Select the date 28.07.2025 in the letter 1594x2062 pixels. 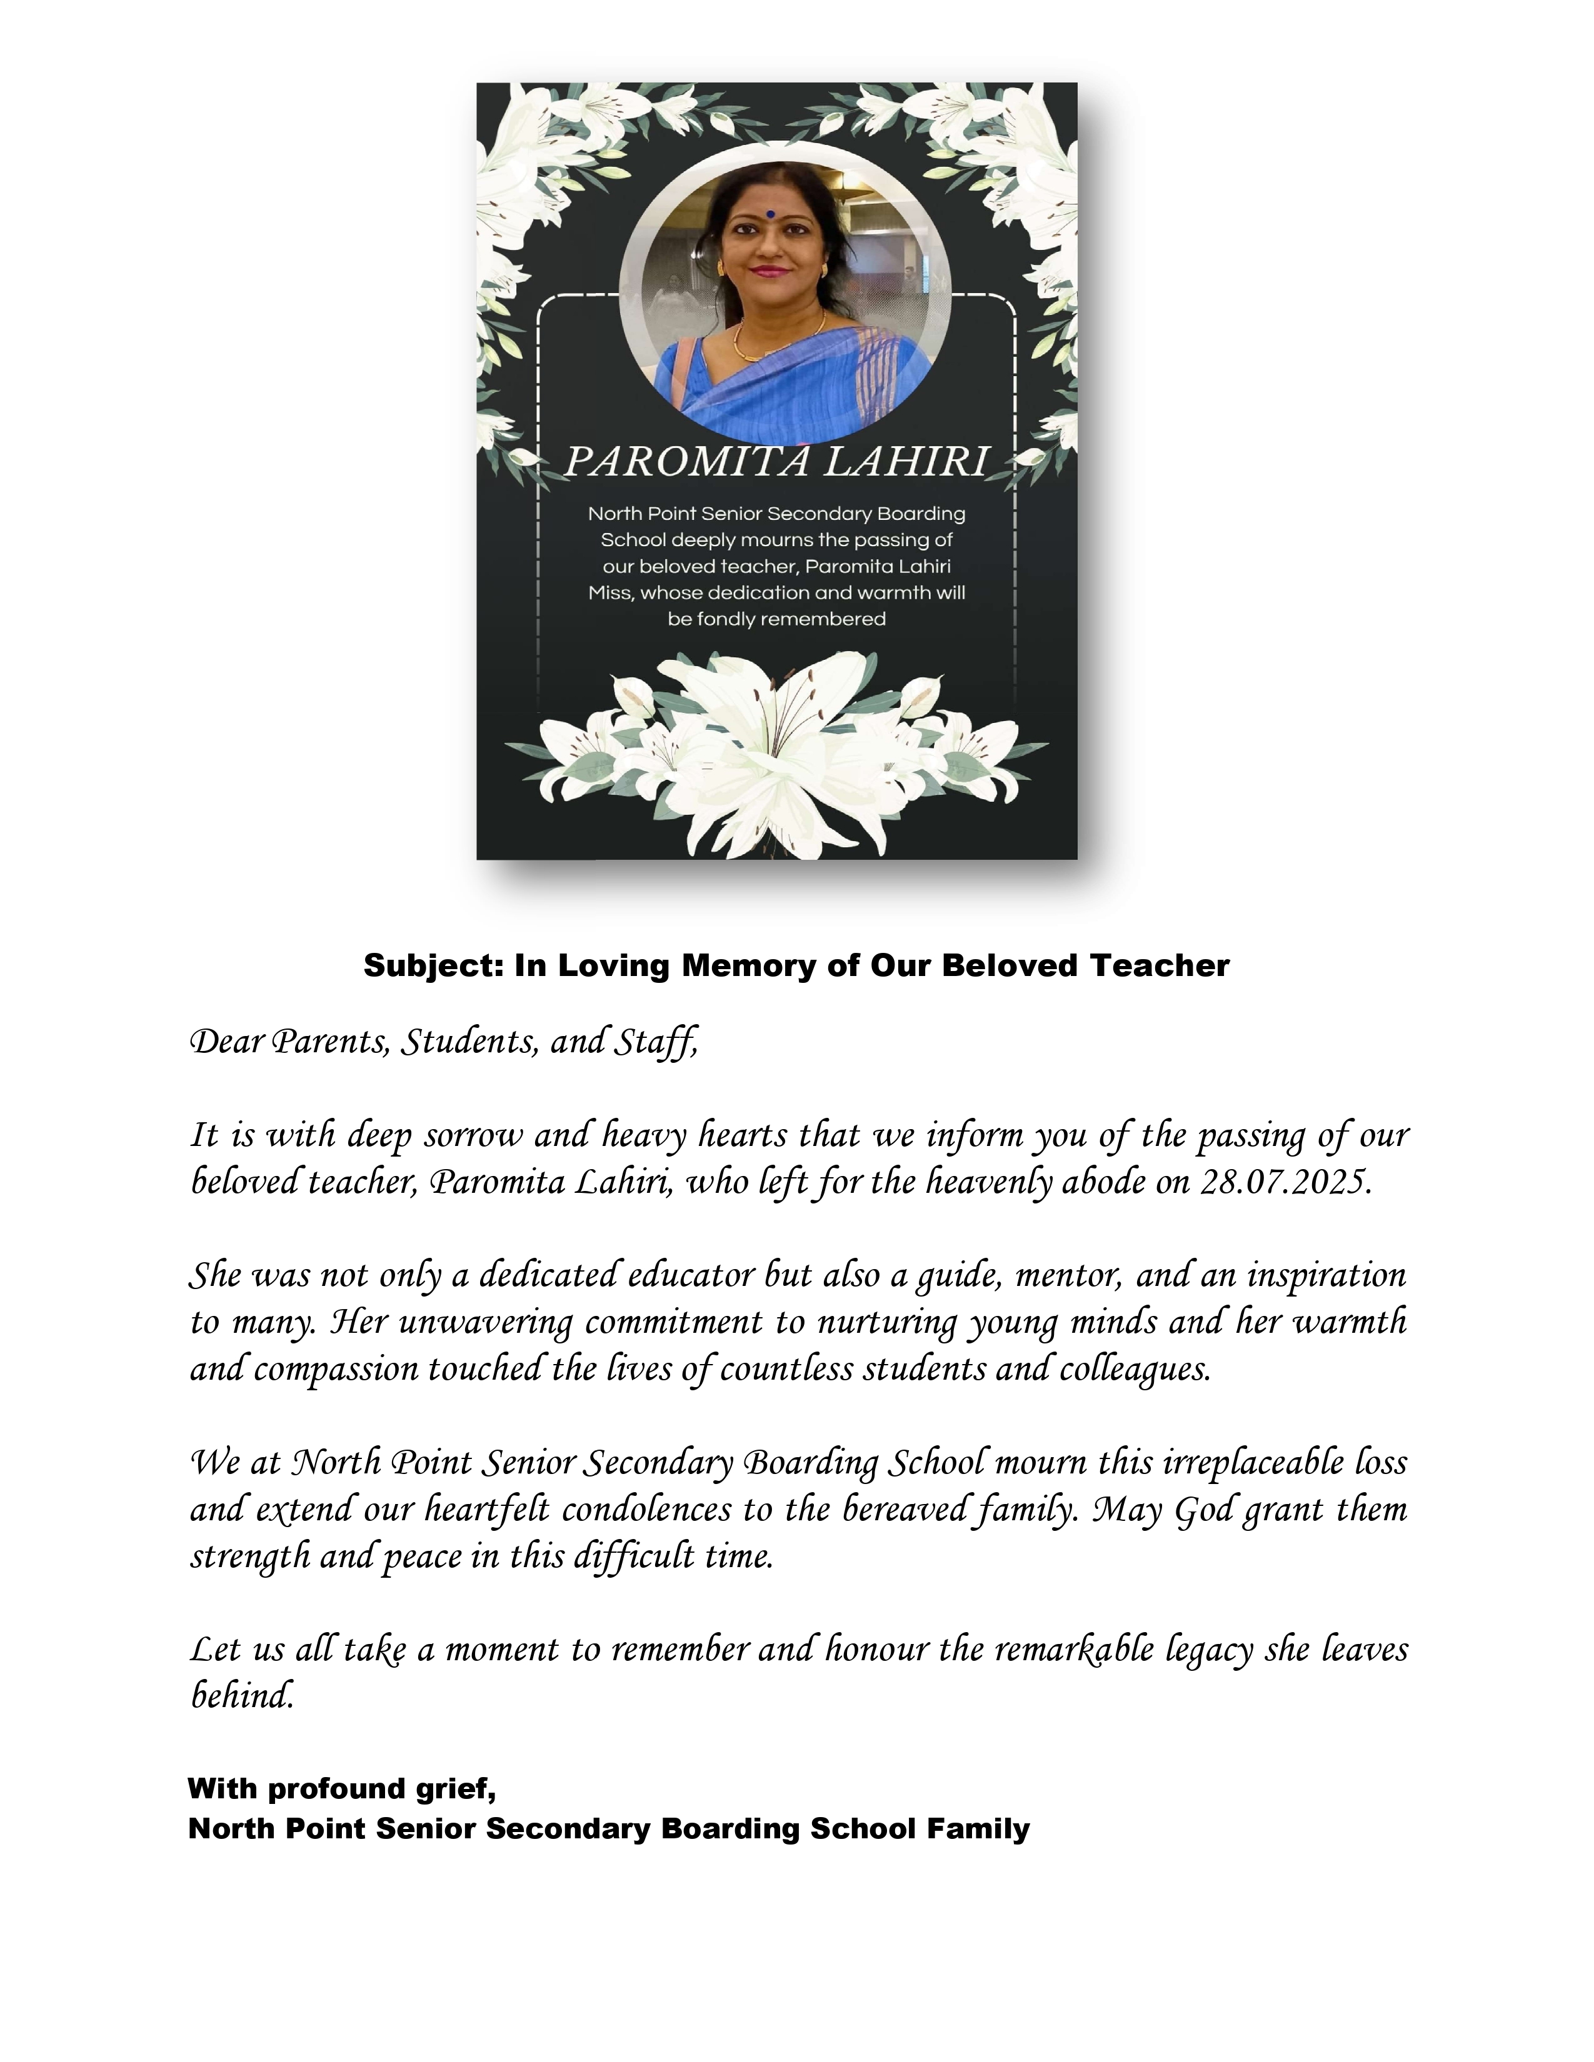point(1285,1182)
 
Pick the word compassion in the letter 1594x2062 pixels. point(335,1370)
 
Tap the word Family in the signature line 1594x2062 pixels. point(978,1829)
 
